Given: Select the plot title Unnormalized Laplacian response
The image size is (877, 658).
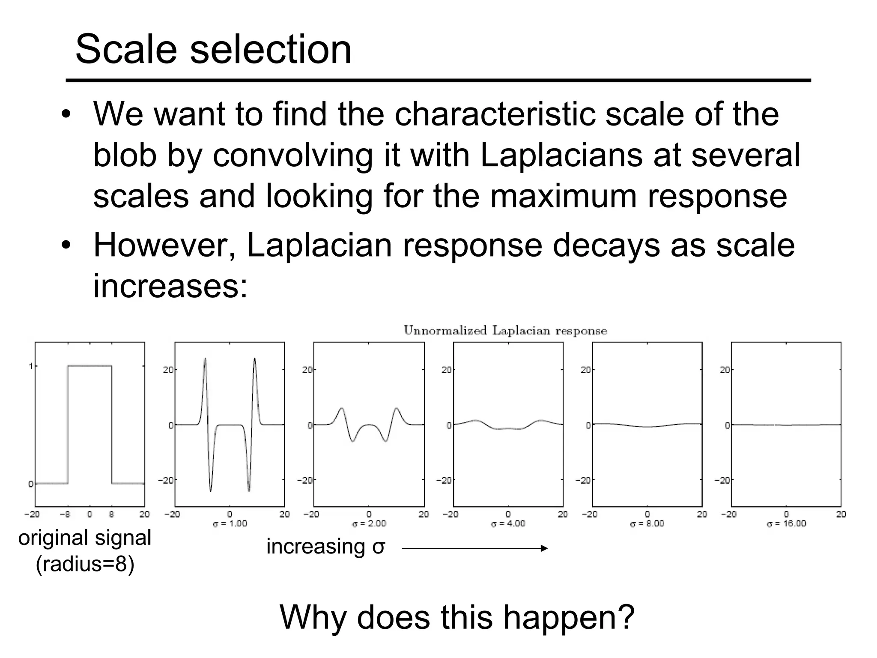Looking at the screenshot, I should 505,331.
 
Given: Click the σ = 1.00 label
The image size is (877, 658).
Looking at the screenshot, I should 230,523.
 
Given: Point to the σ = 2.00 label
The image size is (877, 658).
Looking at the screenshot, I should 369,523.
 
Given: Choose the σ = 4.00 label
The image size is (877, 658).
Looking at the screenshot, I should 508,523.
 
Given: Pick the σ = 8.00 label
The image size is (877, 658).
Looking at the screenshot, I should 647,523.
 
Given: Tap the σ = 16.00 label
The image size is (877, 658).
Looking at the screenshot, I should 786,523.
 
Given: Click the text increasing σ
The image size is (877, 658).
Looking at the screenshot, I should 325,547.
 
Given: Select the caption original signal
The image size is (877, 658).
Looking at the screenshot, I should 85,538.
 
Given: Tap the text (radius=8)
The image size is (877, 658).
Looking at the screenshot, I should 85,564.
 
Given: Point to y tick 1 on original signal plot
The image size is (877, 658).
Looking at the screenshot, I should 30,366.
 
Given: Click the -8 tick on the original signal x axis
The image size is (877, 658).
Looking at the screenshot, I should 65,514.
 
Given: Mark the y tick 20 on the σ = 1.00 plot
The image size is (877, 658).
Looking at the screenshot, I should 168,370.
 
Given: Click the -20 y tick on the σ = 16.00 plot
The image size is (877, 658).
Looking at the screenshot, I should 722,480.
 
